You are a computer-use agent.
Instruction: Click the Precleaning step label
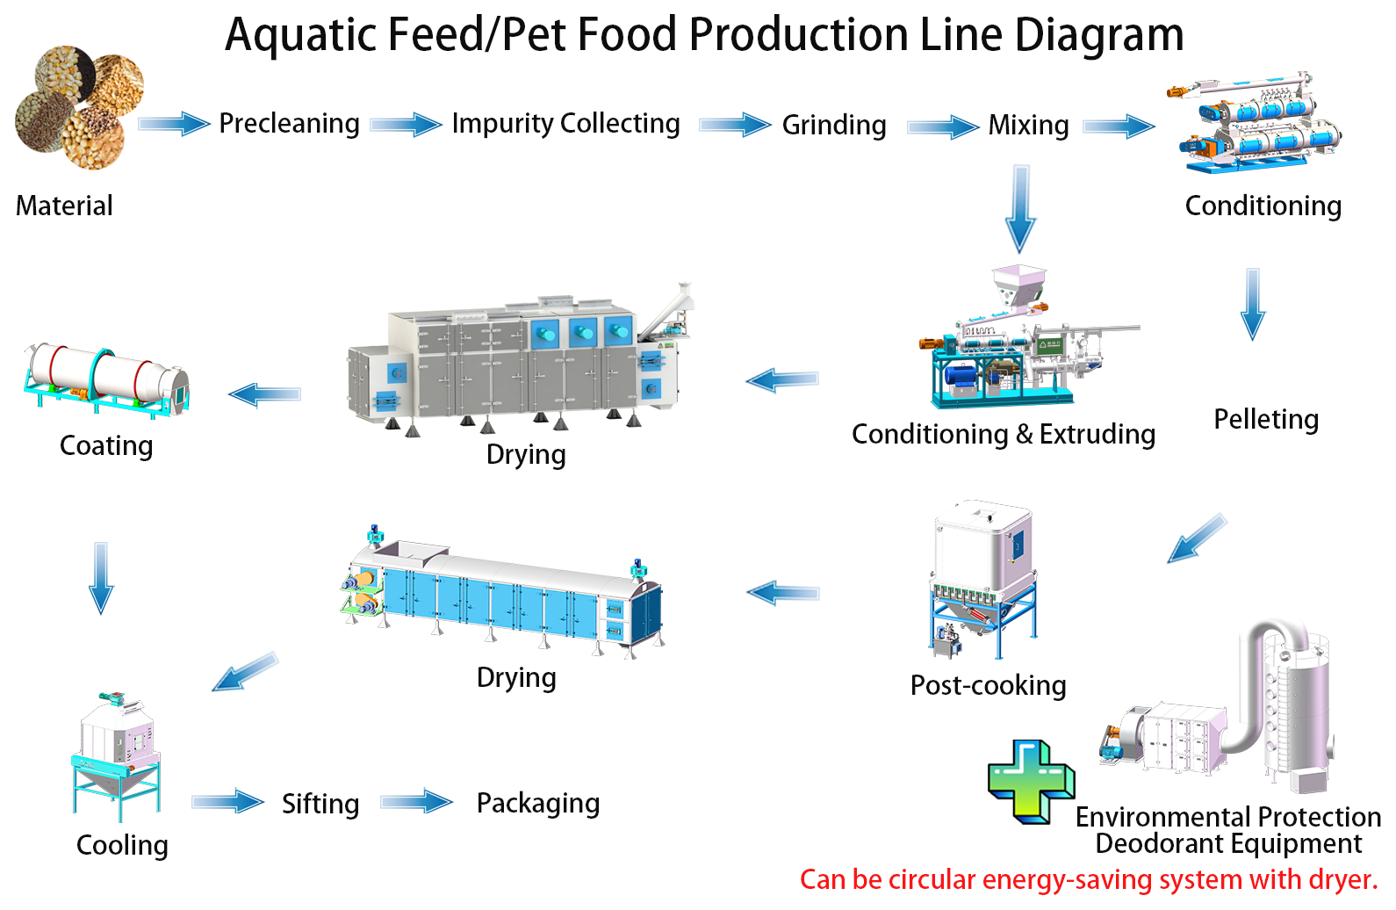[289, 124]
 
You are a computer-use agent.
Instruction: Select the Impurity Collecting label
[565, 124]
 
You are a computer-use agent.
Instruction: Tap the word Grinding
[834, 126]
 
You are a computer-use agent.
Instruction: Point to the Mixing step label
[1028, 126]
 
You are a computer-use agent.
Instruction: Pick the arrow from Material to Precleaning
[174, 124]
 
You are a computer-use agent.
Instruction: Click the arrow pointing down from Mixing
[1020, 209]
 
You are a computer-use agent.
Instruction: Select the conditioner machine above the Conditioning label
[1253, 123]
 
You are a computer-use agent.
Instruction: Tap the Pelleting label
[1266, 420]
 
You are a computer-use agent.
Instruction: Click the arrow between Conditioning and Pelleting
[1253, 304]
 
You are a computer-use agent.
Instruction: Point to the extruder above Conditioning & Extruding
[1018, 347]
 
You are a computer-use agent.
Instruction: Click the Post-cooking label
[988, 686]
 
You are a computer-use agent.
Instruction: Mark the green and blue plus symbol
[1031, 782]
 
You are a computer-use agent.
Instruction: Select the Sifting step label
[320, 805]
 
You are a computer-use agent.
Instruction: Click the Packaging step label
[538, 804]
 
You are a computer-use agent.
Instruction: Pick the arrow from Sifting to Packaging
[416, 802]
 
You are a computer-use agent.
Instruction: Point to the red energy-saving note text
[1089, 880]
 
